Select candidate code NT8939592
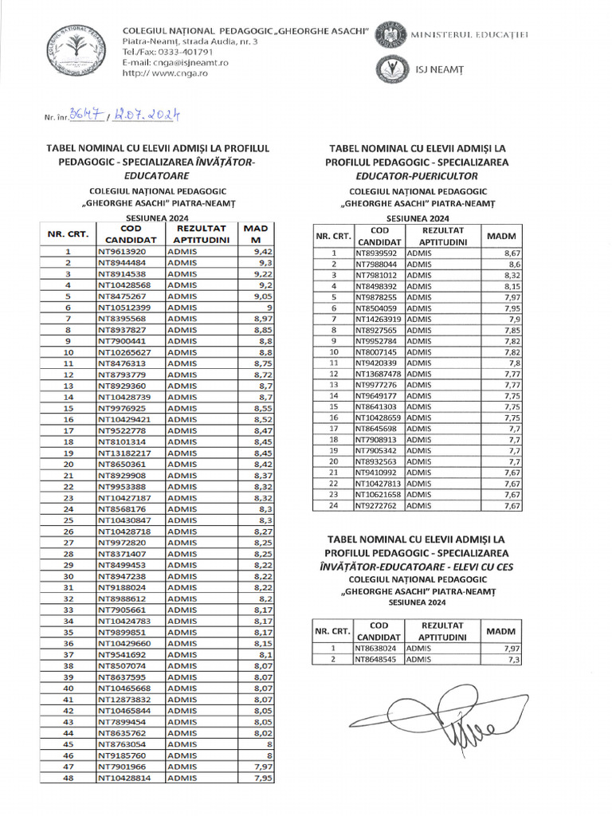[x=378, y=253]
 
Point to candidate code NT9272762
[x=378, y=505]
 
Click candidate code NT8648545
[x=378, y=660]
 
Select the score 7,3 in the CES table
[x=514, y=660]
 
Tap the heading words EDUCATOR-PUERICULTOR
[x=416, y=175]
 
